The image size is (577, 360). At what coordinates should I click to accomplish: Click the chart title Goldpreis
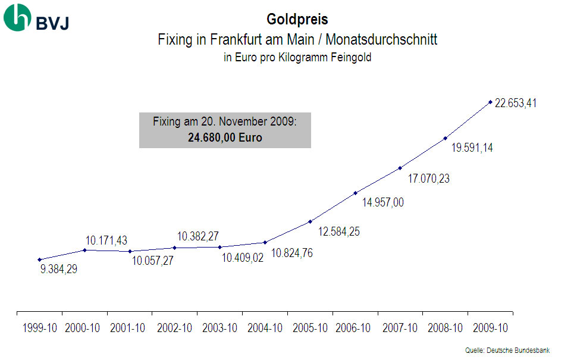[297, 20]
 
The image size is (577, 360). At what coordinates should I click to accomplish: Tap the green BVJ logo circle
[17, 18]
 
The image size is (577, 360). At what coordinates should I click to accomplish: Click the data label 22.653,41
[515, 104]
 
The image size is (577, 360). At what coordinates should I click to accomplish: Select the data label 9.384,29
[59, 269]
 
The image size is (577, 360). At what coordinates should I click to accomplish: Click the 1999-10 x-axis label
[40, 328]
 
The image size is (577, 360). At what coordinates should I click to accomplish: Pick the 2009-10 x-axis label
[491, 328]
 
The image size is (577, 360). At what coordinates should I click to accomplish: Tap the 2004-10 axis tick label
[265, 328]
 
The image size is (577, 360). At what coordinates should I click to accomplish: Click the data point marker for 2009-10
[490, 102]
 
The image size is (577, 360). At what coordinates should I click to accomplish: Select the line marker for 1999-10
[39, 259]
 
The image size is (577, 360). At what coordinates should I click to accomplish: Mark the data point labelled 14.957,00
[355, 193]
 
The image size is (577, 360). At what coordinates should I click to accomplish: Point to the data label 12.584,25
[338, 232]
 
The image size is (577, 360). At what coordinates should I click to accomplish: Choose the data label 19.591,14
[472, 148]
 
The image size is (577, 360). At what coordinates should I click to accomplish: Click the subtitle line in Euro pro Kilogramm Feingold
[297, 58]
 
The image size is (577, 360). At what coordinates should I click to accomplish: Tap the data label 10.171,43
[106, 241]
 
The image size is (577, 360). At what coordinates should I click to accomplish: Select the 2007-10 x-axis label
[400, 328]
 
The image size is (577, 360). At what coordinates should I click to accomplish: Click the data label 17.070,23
[428, 179]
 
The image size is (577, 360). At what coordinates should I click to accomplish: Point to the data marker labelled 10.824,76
[265, 242]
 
